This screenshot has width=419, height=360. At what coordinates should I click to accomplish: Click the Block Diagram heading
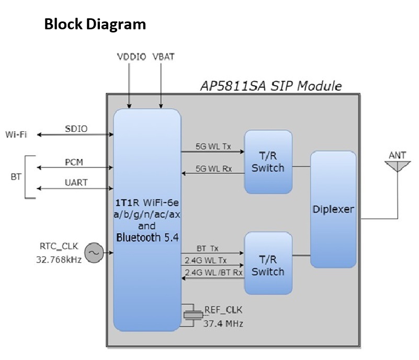tap(95, 25)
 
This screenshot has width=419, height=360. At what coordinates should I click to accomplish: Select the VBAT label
tap(163, 56)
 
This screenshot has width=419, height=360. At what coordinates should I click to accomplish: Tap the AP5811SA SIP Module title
tap(271, 85)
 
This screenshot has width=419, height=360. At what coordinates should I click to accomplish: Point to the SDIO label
tap(76, 128)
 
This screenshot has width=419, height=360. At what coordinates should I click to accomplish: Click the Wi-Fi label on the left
tap(17, 134)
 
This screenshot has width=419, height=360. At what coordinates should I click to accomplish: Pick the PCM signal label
tap(74, 163)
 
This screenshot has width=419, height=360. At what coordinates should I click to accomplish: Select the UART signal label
tap(76, 183)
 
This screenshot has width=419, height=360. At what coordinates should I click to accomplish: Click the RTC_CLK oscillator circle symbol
tap(94, 253)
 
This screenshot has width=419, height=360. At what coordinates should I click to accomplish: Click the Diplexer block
tap(333, 209)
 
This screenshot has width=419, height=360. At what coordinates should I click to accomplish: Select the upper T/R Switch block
tap(268, 162)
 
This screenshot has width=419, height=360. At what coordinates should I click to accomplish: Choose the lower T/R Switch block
tap(268, 265)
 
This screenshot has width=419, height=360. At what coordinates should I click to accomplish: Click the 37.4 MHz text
tap(223, 323)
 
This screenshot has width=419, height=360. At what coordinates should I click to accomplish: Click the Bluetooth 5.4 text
tap(147, 237)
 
